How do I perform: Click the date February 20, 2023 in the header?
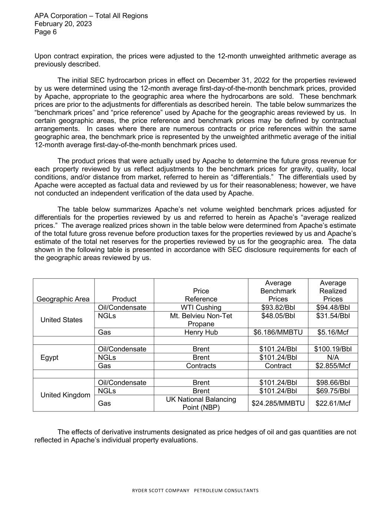point(63,24)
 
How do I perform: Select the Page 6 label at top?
point(46,32)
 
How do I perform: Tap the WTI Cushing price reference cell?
point(201,307)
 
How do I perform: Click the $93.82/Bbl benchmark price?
point(278,307)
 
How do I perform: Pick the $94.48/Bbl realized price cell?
point(333,307)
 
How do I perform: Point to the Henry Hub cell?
point(201,332)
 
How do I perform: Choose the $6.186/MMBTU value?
point(278,332)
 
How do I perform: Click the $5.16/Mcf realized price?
point(333,332)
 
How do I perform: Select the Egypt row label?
point(50,357)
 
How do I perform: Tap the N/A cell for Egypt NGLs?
point(333,357)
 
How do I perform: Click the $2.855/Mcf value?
point(333,366)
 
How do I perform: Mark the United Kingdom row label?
point(65,395)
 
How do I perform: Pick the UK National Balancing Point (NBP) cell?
point(201,403)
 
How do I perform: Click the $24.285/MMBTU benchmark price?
point(278,403)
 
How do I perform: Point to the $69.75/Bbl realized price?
point(333,391)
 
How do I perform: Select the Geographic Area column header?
point(63,299)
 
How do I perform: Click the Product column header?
point(124,299)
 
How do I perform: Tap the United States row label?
point(62,320)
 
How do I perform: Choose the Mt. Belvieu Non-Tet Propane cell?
point(201,320)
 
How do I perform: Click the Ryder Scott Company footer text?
point(195,491)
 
